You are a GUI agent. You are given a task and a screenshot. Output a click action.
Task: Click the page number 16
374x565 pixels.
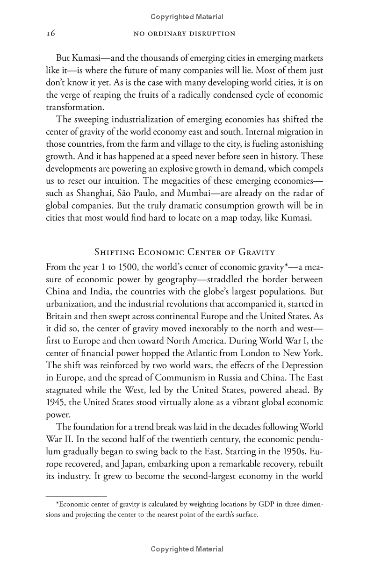click(x=51, y=34)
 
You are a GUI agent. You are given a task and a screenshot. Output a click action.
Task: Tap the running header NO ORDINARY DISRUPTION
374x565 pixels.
click(x=184, y=34)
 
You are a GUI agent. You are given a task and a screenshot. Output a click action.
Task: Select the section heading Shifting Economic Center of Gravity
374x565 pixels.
click(x=184, y=253)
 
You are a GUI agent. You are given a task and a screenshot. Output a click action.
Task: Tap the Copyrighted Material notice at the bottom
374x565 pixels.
click(x=187, y=549)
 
